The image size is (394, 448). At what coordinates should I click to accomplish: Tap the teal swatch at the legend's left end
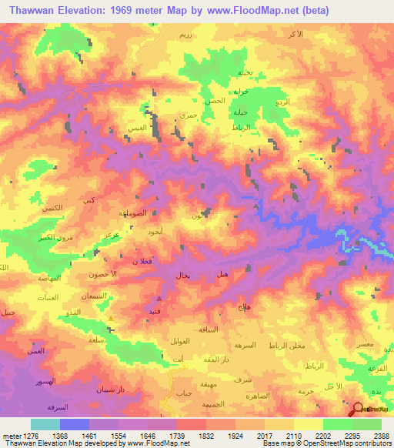pos(45,424)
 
